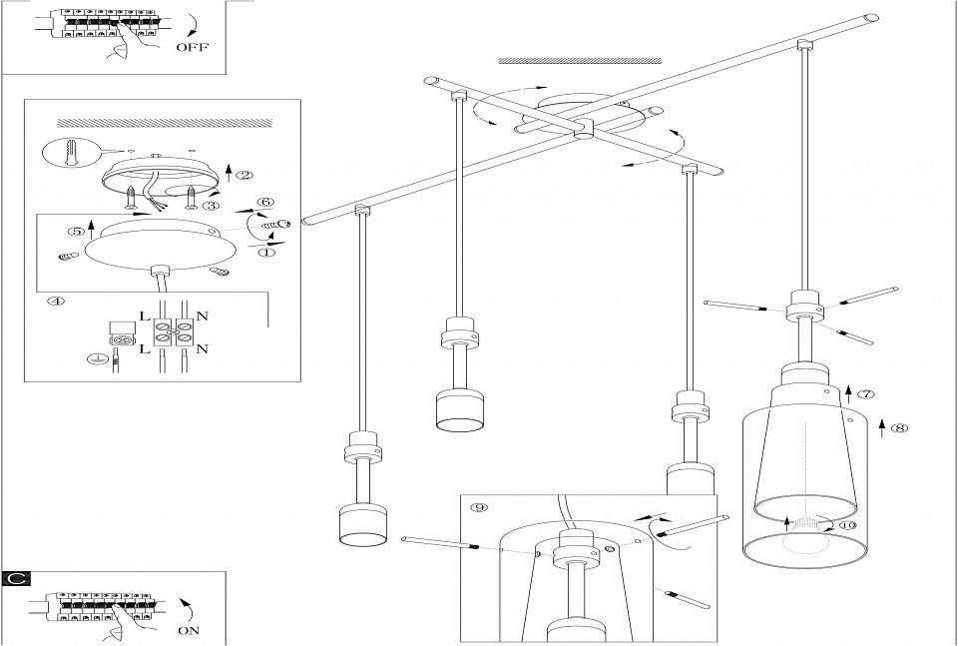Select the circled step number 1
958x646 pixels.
266,254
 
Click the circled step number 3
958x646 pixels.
212,205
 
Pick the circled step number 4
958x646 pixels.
56,300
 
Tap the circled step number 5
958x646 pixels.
75,231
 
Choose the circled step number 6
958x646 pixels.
265,202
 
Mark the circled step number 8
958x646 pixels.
900,428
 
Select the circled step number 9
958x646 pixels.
480,507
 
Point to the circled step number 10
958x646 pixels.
848,524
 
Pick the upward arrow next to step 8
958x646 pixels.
881,429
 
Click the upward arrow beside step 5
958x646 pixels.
92,229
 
